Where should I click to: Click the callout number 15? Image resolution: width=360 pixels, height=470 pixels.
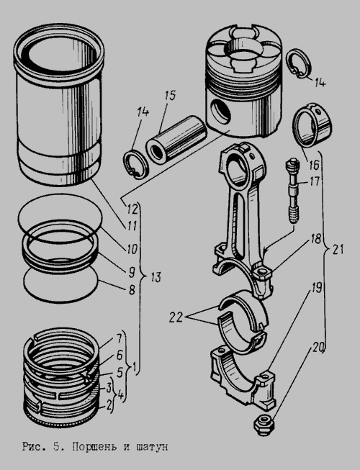click(170, 96)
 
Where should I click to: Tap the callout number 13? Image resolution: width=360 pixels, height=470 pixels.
click(155, 277)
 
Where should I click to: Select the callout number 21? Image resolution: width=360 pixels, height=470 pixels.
click(337, 249)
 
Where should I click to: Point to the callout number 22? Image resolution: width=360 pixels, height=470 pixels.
click(176, 317)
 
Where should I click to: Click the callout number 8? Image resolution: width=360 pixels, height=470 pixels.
click(132, 290)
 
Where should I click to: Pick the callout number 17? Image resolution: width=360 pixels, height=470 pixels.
click(314, 181)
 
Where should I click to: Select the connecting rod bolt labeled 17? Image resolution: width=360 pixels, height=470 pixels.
click(292, 191)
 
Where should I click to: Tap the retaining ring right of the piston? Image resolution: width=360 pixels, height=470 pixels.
click(300, 64)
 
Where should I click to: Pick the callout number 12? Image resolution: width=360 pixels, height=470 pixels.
click(132, 209)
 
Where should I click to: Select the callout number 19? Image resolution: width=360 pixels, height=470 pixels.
click(316, 288)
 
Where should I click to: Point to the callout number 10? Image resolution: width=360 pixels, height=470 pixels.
click(131, 249)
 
